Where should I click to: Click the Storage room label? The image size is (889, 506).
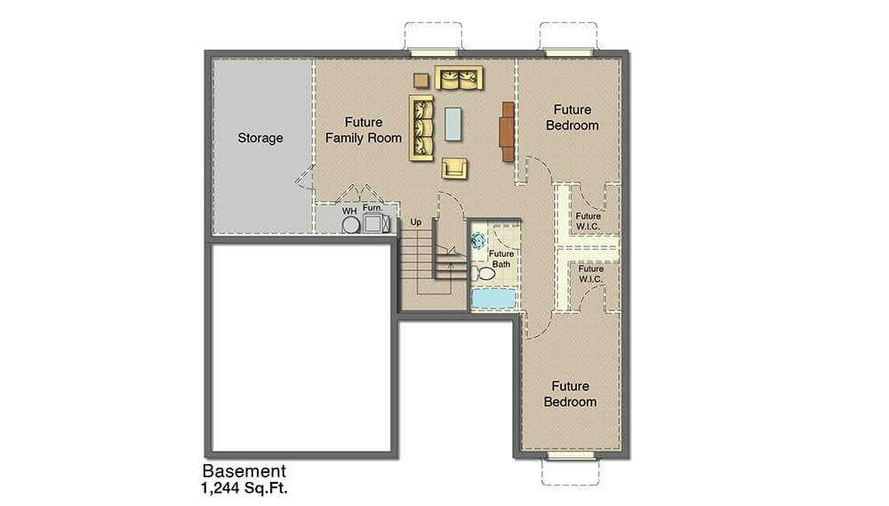260,138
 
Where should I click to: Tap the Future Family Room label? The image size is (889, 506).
364,130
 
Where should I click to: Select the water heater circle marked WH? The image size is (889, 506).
350,225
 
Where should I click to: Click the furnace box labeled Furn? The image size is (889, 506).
373,223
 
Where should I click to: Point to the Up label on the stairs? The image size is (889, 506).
416,222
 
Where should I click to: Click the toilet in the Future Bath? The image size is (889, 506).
483,273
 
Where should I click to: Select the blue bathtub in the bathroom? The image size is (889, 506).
493,299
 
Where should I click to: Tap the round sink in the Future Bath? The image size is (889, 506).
478,240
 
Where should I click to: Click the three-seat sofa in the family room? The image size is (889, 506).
421,128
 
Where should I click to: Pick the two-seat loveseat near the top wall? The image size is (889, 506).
460,78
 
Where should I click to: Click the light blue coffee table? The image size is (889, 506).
453,124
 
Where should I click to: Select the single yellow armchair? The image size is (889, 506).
454,168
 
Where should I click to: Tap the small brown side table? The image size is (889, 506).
421,81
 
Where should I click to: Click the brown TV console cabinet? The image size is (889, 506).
508,132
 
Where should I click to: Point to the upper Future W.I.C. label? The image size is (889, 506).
588,221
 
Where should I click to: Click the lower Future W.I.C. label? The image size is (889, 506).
591,274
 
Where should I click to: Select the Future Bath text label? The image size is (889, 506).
501,259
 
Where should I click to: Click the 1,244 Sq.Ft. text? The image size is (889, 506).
244,487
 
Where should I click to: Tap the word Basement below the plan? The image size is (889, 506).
244,470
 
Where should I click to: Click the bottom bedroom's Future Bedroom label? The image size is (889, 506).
571,394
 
